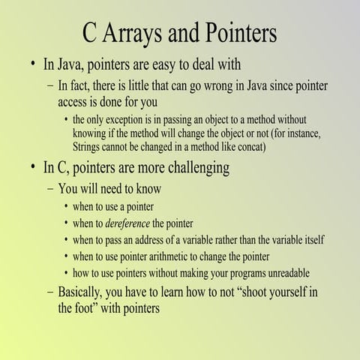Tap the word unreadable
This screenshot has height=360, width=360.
281,272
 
